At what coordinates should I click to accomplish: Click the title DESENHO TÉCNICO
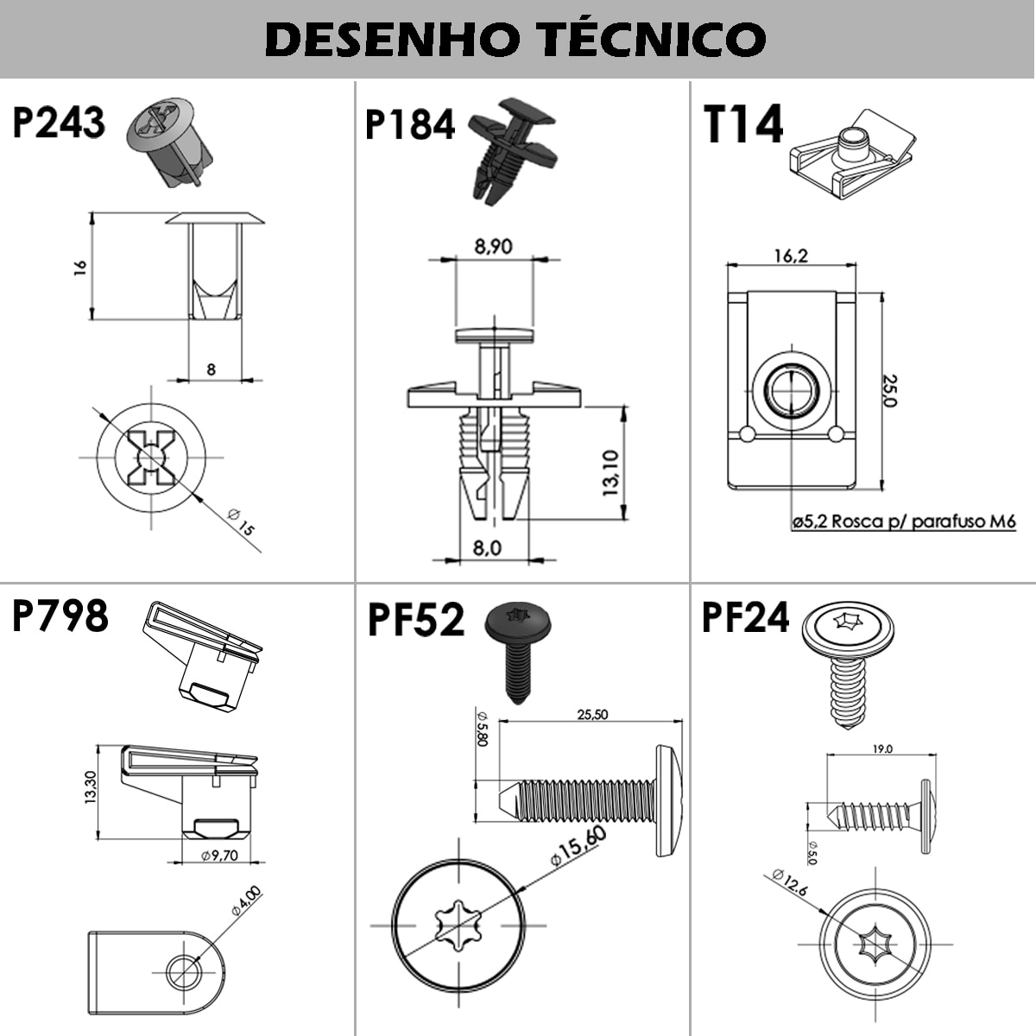click(516, 39)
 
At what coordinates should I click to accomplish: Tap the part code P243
click(59, 123)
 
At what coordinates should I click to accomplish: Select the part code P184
click(409, 125)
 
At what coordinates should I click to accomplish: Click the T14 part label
click(742, 125)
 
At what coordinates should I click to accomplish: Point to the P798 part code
click(60, 616)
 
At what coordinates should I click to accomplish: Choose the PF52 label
click(416, 620)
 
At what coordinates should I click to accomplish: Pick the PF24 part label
click(745, 618)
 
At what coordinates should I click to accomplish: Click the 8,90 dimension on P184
click(493, 247)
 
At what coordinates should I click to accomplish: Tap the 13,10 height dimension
click(611, 472)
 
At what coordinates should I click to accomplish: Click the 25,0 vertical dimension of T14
click(889, 390)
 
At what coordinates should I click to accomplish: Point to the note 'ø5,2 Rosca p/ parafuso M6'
click(903, 521)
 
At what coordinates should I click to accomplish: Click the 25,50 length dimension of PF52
click(592, 714)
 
